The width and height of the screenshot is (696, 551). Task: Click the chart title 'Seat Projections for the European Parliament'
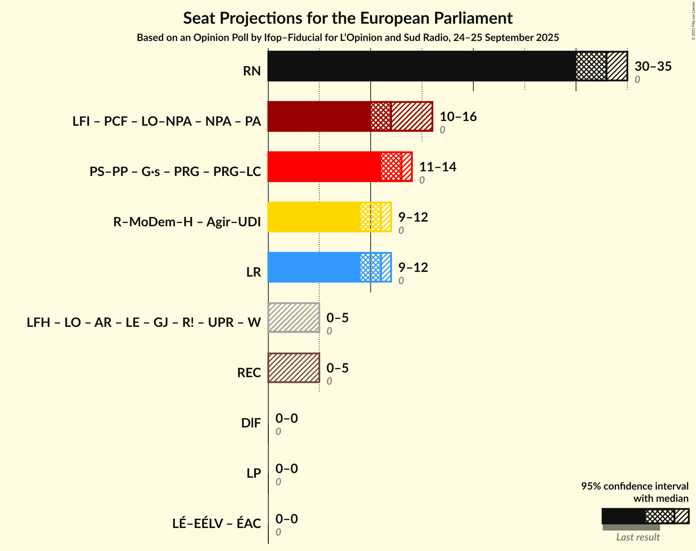[x=347, y=18]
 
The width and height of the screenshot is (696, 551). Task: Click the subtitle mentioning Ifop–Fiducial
[x=347, y=38]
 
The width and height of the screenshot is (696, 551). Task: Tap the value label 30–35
[x=653, y=66]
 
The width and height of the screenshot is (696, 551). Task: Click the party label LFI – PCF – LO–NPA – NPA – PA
[x=167, y=121]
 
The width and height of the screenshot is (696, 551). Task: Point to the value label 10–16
[x=458, y=117]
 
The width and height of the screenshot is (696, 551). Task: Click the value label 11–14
[x=437, y=167]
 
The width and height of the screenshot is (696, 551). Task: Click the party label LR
[x=253, y=272]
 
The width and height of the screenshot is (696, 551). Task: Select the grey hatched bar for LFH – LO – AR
[x=294, y=318]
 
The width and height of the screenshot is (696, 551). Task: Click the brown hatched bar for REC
[x=294, y=368]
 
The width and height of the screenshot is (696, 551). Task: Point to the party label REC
[x=249, y=373]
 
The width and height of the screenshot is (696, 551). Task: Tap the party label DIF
[x=251, y=423]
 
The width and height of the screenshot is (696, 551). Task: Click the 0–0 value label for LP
[x=286, y=469]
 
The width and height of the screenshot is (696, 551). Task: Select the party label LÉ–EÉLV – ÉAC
[x=216, y=524]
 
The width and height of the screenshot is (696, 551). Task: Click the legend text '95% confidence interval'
[x=634, y=486]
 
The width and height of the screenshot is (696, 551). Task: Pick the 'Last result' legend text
[x=637, y=537]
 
